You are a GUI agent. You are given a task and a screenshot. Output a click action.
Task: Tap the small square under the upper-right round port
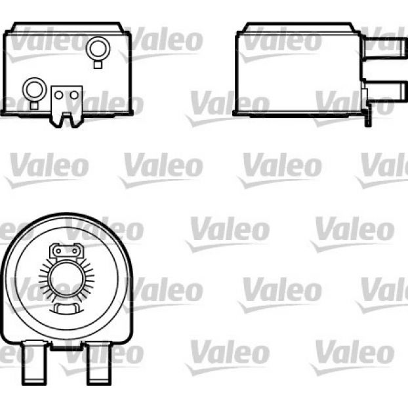click(x=98, y=64)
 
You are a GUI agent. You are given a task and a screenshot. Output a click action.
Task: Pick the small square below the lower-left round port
click(x=34, y=106)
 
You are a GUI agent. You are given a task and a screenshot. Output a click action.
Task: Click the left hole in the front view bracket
click(x=59, y=95)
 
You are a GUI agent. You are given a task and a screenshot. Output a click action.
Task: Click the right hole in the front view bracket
click(x=74, y=95)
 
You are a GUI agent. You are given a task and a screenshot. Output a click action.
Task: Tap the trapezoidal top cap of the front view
click(x=67, y=27)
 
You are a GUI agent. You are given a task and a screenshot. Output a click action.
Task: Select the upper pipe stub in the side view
click(x=384, y=47)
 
